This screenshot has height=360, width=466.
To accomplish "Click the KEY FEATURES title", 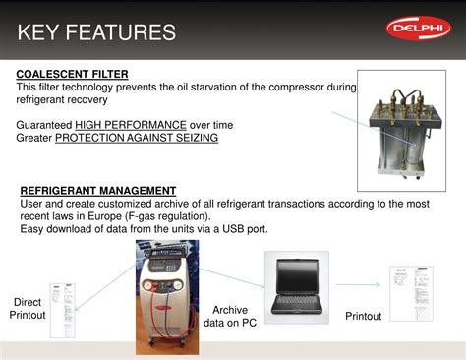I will coord(96,32).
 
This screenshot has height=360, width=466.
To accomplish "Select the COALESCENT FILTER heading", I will coord(72,74).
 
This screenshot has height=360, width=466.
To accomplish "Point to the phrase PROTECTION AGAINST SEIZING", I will coord(137,138).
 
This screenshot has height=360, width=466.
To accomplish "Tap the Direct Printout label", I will coord(28,308).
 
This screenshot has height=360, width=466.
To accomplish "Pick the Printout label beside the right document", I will coord(363,316).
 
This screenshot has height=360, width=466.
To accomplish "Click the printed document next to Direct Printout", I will coord(62,309).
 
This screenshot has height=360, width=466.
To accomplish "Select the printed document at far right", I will coord(411,292).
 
